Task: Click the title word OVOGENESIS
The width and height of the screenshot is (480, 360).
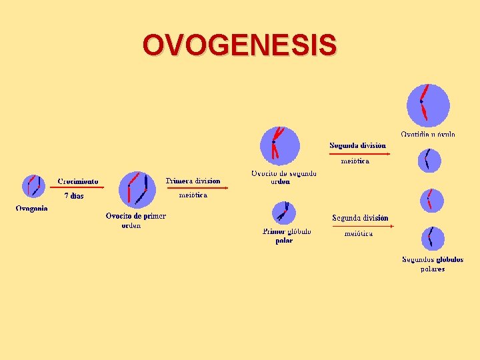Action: [239, 45]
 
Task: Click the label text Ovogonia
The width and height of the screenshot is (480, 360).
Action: [31, 209]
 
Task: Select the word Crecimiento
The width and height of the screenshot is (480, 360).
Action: [77, 181]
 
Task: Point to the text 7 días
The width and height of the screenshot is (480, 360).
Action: [74, 196]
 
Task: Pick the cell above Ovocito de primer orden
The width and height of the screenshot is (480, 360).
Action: [137, 189]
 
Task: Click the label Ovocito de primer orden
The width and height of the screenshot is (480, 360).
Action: [135, 220]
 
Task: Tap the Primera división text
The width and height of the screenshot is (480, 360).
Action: [193, 181]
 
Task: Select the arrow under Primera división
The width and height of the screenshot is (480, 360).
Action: [197, 188]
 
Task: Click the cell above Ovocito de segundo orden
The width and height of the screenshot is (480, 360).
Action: [280, 145]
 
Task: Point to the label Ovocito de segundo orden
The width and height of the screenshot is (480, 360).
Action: [283, 177]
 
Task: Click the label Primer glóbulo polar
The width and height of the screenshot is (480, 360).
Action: [286, 236]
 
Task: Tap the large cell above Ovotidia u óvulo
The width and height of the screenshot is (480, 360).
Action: [428, 105]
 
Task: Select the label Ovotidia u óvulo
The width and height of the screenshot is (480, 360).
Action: [428, 134]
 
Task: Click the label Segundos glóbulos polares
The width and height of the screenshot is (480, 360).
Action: [433, 264]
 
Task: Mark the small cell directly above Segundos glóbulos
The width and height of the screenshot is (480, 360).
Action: [432, 238]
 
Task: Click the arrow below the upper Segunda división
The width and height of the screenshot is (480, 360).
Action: [359, 153]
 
